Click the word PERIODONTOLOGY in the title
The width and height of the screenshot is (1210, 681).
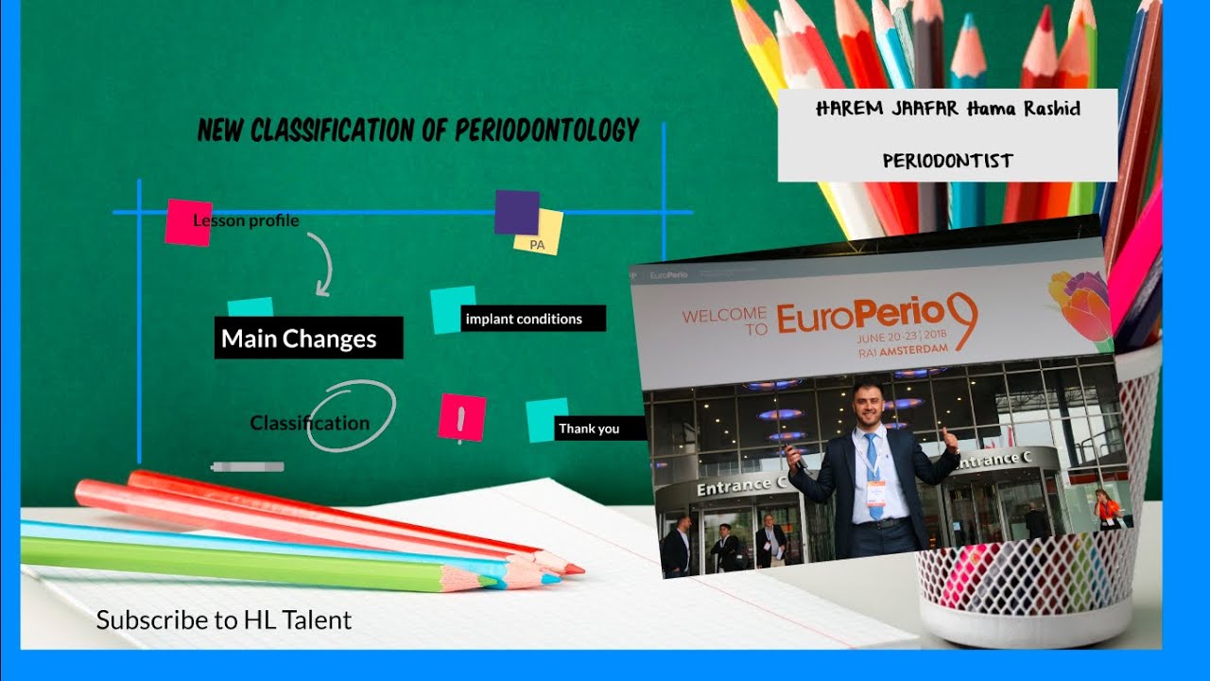[547, 130]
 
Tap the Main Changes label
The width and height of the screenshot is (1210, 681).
[299, 339]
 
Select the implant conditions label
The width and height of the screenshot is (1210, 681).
[524, 319]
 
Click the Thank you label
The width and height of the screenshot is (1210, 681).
[589, 428]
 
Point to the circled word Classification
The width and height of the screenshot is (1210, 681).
[310, 423]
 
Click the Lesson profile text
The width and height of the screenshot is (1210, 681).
[246, 220]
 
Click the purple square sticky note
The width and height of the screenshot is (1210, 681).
[516, 211]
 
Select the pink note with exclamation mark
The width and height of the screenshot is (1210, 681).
[461, 417]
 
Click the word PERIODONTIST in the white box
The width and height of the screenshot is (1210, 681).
[947, 161]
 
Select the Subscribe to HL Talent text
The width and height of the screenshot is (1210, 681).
[224, 620]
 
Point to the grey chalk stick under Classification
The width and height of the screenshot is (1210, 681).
[248, 466]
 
